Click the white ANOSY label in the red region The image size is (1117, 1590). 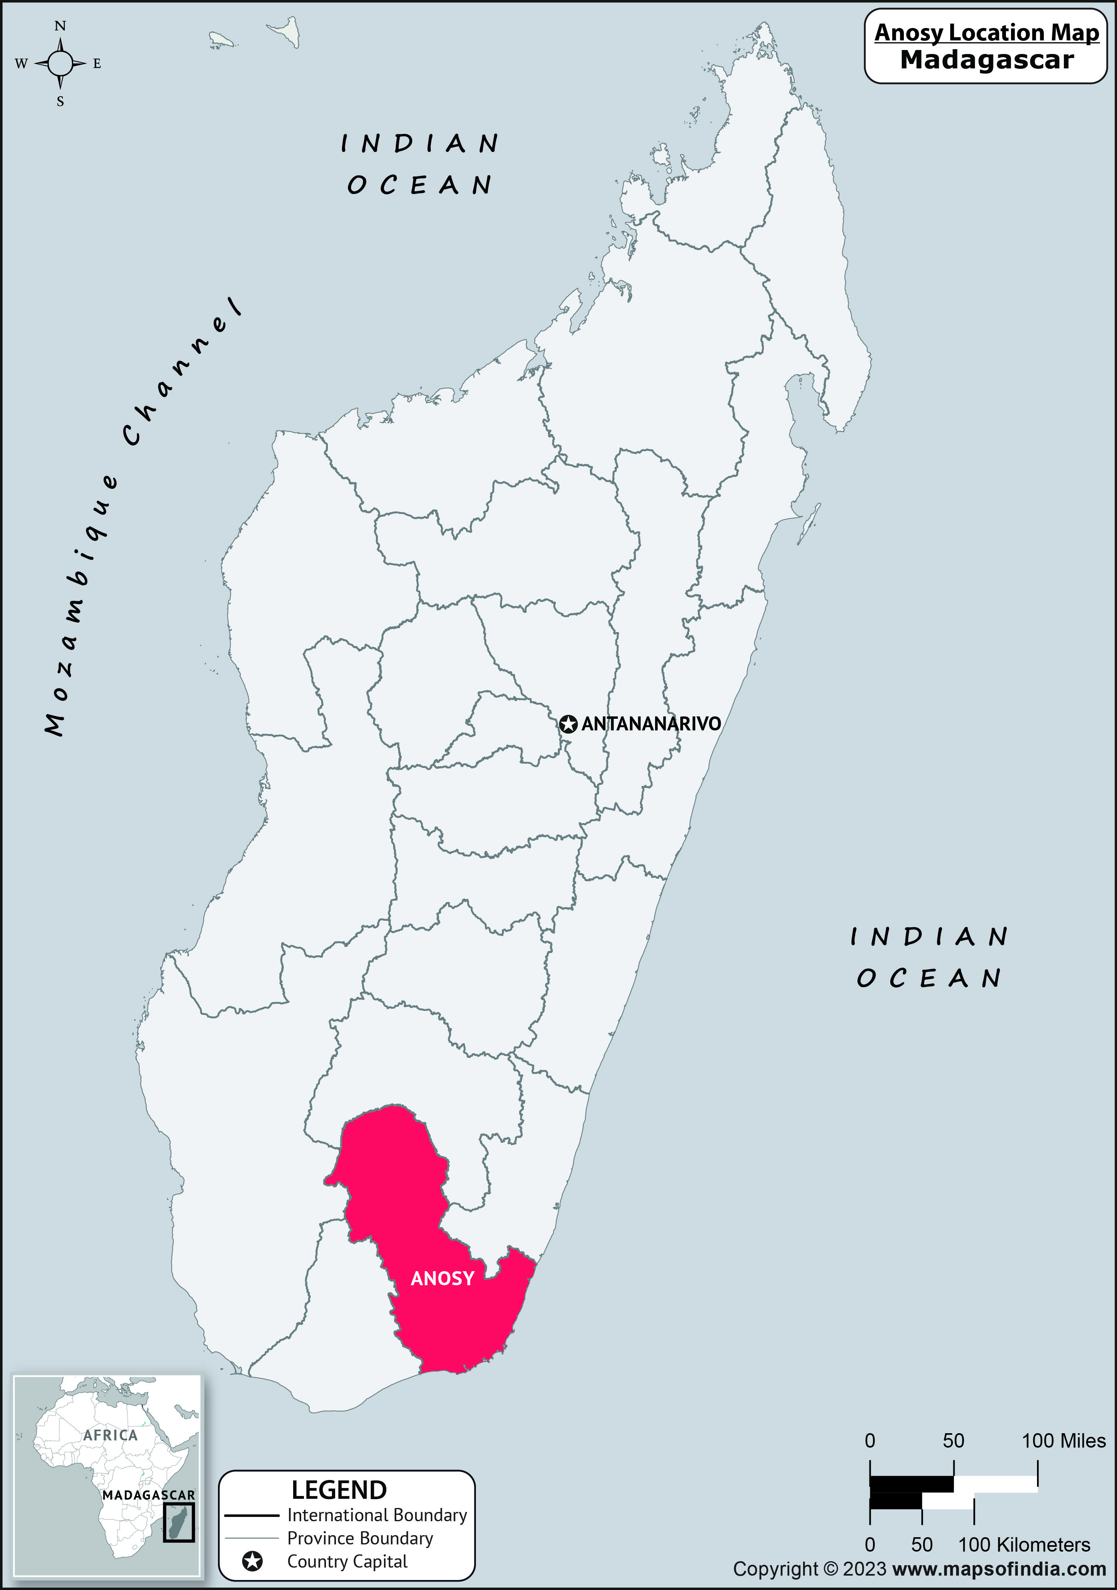point(442,1278)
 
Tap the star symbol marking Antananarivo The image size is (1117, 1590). point(568,724)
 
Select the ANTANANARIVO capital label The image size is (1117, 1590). point(651,724)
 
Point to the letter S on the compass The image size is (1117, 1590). point(60,102)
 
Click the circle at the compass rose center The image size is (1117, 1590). point(60,64)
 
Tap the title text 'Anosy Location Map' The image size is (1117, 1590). point(986,32)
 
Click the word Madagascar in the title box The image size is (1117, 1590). point(986,60)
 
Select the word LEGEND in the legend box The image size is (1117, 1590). point(339,1490)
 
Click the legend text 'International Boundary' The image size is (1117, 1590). point(377,1515)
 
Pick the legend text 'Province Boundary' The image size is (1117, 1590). point(360,1538)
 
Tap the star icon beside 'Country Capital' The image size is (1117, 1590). point(253,1562)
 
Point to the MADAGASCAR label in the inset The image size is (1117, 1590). point(148,1495)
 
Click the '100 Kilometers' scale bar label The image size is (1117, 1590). point(1023,1545)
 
